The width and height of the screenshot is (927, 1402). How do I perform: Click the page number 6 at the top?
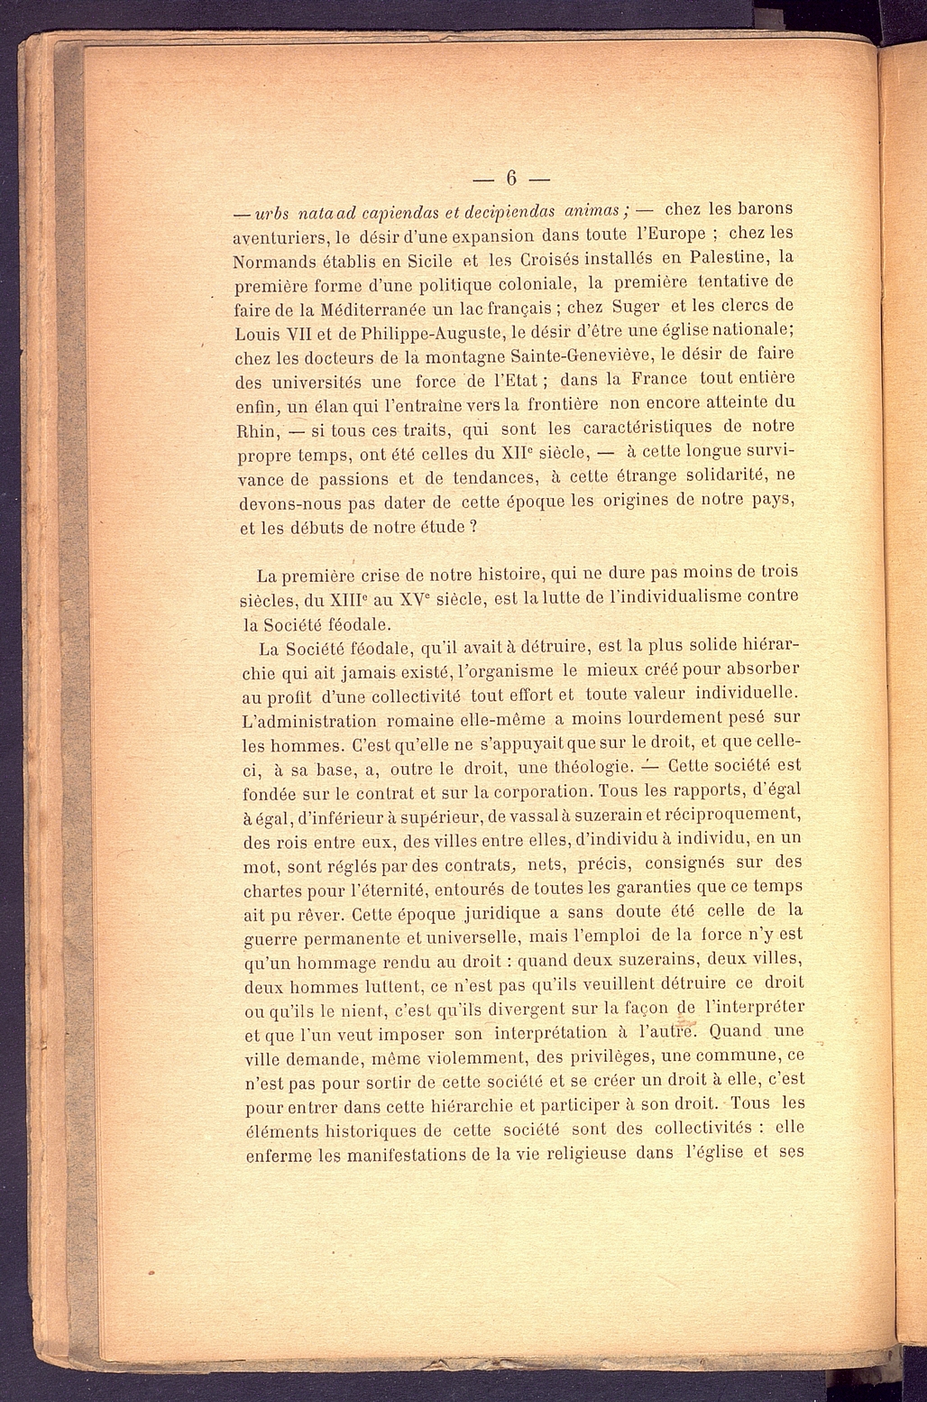(x=510, y=177)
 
